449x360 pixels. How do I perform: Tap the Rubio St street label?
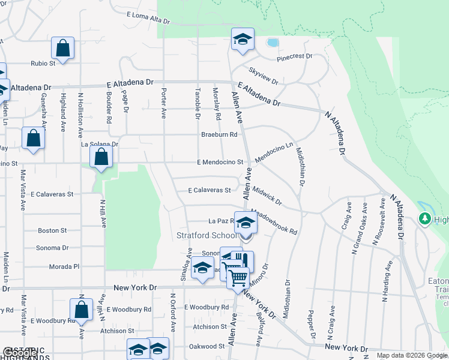[43, 62]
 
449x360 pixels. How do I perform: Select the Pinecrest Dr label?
[295, 56]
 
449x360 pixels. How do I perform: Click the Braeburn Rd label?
[220, 134]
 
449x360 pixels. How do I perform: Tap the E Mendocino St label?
[220, 162]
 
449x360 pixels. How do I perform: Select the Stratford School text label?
[203, 235]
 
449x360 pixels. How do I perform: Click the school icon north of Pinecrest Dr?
[243, 40]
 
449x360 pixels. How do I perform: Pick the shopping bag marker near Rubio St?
[62, 47]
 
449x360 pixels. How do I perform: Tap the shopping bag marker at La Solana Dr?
[101, 158]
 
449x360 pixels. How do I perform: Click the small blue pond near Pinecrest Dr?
[273, 43]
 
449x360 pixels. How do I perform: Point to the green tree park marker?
[426, 218]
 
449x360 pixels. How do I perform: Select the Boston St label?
[52, 230]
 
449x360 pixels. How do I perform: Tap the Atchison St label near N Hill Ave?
[117, 331]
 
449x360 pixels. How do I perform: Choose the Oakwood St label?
[207, 346]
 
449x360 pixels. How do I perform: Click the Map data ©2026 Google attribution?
[411, 355]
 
